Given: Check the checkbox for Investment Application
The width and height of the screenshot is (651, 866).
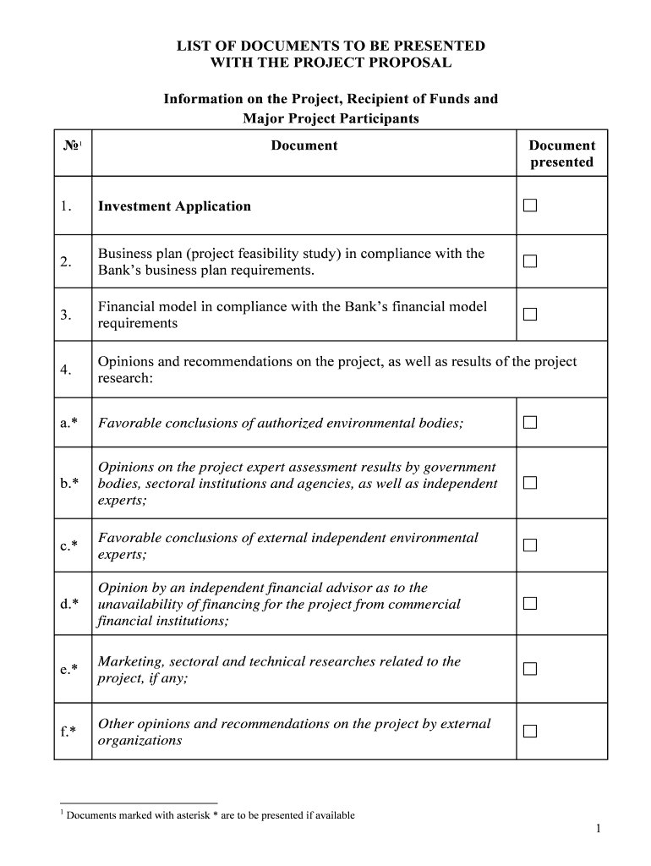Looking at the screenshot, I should (x=529, y=206).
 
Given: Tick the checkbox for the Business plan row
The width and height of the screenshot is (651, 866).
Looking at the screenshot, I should (x=529, y=261).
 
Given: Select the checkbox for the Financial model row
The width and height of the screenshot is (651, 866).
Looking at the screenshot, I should (x=529, y=315).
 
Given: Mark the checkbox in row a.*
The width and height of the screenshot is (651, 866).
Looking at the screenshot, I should (x=529, y=423).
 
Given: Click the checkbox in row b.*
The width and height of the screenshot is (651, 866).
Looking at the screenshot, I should (x=529, y=483).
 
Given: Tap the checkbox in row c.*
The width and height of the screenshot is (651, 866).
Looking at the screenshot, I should (x=529, y=545).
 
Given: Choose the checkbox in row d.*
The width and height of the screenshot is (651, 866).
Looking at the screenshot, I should (x=529, y=604).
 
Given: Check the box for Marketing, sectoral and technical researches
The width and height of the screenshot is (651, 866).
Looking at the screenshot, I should (x=529, y=669).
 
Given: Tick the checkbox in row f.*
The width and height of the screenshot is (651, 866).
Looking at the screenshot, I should (x=529, y=732).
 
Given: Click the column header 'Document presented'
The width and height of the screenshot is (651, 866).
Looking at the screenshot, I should (x=561, y=153).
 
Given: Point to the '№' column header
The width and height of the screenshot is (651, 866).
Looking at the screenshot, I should (x=71, y=145).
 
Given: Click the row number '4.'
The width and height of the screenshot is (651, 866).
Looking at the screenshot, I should (x=66, y=370).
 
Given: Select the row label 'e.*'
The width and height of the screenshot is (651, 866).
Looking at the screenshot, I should (x=69, y=669).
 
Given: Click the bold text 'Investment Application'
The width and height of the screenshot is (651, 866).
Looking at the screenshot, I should (x=174, y=206).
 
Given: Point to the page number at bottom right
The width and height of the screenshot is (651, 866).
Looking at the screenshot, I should (x=597, y=830).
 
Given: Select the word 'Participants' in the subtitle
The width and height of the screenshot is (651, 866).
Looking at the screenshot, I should (x=378, y=118).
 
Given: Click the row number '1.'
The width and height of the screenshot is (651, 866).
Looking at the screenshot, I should (x=66, y=206).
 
